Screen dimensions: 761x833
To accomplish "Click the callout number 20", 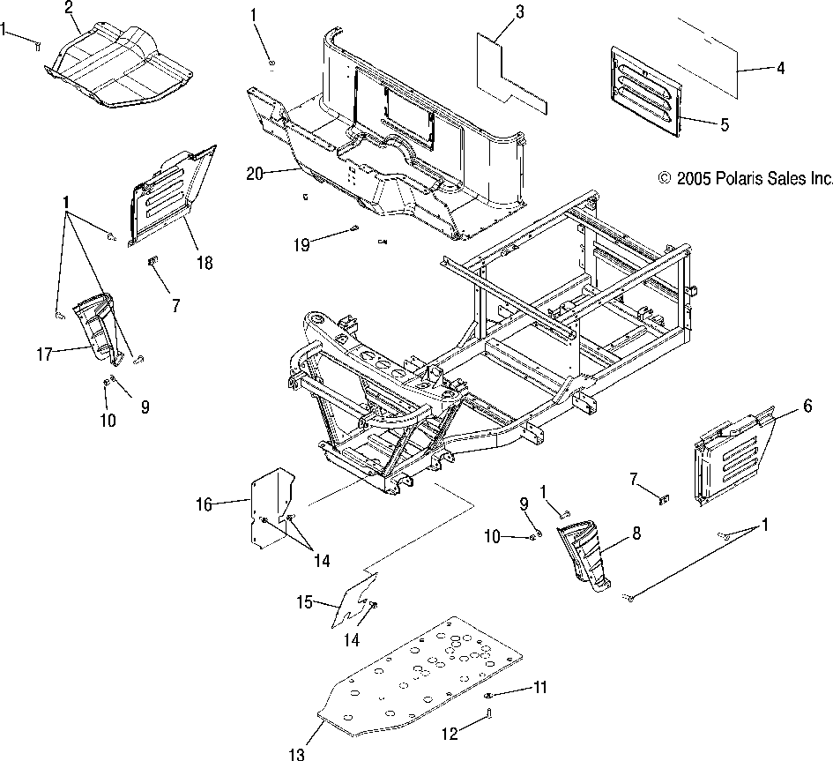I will (x=254, y=174).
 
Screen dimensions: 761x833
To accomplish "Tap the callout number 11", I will (x=539, y=685).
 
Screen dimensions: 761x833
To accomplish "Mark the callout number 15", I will (x=304, y=603).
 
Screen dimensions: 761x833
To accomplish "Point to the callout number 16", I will (x=205, y=504).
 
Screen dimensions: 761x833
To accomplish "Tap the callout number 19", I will (x=302, y=245).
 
